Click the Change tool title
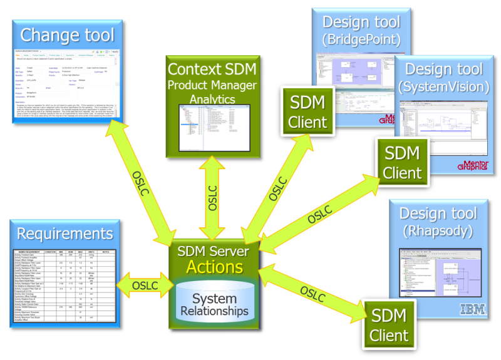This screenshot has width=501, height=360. point(68,34)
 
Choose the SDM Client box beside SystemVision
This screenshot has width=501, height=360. point(403,161)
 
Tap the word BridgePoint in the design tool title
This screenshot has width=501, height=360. point(361,41)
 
